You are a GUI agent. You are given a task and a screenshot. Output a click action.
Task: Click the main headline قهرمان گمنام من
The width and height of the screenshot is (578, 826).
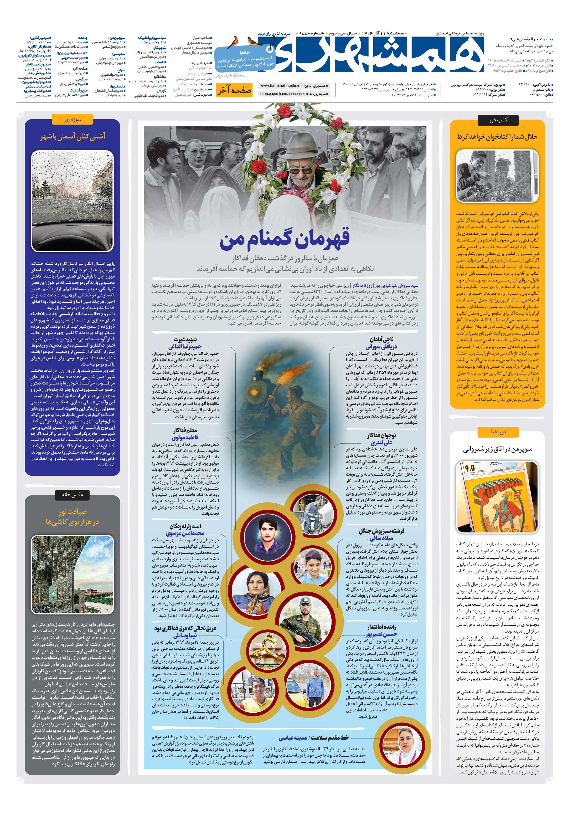point(285,239)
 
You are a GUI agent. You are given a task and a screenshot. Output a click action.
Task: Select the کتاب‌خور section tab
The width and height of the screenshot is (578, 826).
point(498,120)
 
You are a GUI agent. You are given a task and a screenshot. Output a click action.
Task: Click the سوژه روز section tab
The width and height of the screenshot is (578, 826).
point(72,119)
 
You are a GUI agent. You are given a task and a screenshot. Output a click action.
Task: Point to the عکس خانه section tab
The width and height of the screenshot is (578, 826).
point(72,494)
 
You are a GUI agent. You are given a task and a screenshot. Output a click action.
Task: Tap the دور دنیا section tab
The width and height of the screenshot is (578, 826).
point(498,431)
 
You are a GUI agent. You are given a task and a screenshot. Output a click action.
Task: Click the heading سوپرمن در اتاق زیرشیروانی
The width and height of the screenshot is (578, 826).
point(498,449)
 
